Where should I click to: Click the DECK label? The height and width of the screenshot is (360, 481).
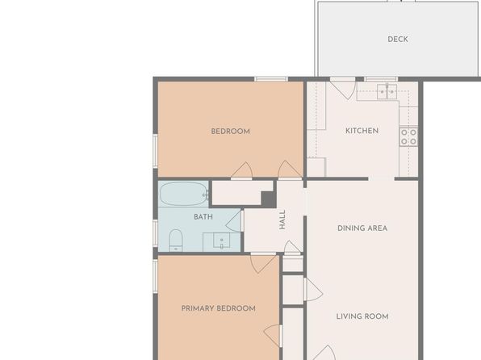point(398,40)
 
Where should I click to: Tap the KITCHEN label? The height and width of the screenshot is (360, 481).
point(362,131)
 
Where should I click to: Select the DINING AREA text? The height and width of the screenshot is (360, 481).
point(362,228)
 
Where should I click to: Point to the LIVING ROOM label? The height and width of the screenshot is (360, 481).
point(362,316)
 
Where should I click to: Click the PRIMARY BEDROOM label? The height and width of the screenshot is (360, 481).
point(219,308)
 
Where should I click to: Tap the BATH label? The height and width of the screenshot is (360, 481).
point(203,217)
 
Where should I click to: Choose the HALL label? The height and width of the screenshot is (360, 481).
point(282,220)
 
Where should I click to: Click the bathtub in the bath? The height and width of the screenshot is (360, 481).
point(184,194)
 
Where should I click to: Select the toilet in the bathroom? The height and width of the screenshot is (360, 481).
point(176,241)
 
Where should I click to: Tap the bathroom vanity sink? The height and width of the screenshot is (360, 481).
point(221,241)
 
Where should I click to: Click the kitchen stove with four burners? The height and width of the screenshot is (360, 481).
point(408,137)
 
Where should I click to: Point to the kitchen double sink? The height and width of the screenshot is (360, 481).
point(387,91)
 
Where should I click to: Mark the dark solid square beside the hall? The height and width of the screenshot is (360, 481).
point(269,199)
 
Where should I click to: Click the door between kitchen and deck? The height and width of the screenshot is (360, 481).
point(343,88)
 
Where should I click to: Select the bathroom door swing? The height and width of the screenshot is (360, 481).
point(234,221)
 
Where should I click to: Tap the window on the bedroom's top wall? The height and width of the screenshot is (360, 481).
point(271,79)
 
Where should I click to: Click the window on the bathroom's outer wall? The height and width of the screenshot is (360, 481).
point(155,233)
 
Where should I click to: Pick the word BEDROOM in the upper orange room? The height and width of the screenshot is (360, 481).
point(230,132)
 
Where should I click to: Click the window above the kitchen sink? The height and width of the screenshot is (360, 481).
point(381,79)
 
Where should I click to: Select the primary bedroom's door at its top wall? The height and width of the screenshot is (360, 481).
point(263,262)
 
